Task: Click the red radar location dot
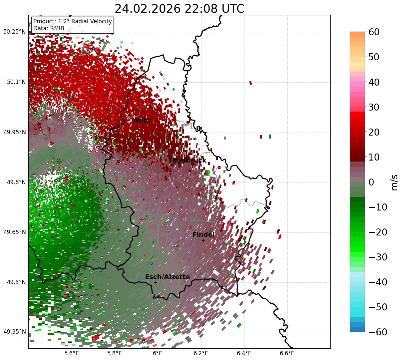51,144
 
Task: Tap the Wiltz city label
141,121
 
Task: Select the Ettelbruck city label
188,161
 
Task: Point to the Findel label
203,235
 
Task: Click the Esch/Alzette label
168,277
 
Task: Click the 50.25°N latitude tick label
14,32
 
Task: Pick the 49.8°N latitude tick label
16,182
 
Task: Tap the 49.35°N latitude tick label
14,332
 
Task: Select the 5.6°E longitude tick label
71,353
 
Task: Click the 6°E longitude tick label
158,353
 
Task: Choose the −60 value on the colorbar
378,332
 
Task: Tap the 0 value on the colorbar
371,182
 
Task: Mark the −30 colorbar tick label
378,257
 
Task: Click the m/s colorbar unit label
394,182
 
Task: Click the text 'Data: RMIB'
49,28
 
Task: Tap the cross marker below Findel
203,240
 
